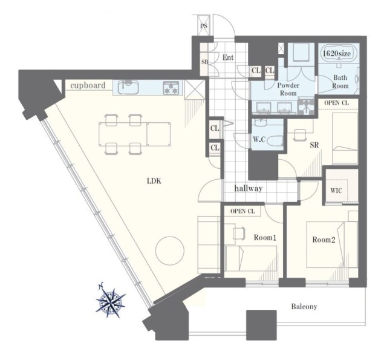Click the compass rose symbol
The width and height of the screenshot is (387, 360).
click(x=110, y=299)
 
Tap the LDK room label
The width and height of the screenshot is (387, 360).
click(x=154, y=181)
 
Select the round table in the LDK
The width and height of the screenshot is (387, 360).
click(x=170, y=250)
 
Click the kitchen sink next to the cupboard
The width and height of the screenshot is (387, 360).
click(x=128, y=87)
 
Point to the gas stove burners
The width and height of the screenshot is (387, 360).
click(x=171, y=88)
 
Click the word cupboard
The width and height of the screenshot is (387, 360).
click(x=88, y=85)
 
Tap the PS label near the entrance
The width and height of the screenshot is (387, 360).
click(x=204, y=25)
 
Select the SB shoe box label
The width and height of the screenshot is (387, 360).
click(x=204, y=62)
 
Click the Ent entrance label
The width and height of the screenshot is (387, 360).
click(x=228, y=57)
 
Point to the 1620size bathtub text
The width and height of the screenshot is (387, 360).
click(x=337, y=53)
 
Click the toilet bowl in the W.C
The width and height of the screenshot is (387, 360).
click(x=275, y=141)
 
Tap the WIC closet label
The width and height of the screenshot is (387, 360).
click(x=336, y=191)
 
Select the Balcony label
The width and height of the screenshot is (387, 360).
click(x=304, y=307)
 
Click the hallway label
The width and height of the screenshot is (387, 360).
click(x=249, y=189)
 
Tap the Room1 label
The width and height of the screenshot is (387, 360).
click(x=265, y=238)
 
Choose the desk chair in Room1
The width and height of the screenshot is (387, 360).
click(x=239, y=233)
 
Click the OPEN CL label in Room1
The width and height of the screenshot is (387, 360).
click(x=242, y=211)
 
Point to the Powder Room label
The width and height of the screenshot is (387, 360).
click(x=288, y=89)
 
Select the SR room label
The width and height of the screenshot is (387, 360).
click(x=314, y=145)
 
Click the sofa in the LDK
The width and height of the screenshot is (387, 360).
click(x=209, y=244)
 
